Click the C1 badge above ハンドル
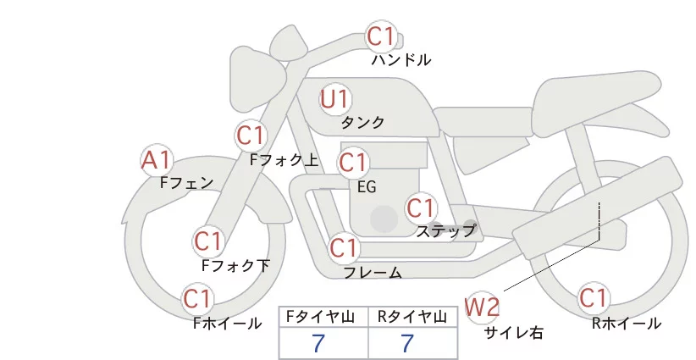click(x=381, y=36)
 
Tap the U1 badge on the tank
click(x=334, y=99)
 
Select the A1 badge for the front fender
click(x=157, y=159)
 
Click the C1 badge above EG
click(x=353, y=162)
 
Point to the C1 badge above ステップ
click(x=421, y=208)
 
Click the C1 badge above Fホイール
click(x=198, y=299)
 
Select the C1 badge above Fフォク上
click(x=251, y=135)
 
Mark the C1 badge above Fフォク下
click(x=207, y=241)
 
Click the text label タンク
click(x=362, y=123)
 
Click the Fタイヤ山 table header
click(x=323, y=317)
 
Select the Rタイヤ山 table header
click(x=412, y=317)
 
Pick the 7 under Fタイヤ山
click(x=318, y=343)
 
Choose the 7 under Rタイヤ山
click(x=407, y=343)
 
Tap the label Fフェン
click(x=186, y=182)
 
